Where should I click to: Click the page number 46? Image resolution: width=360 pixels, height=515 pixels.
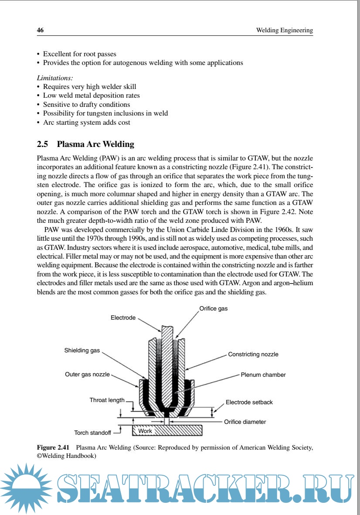coord(40,31)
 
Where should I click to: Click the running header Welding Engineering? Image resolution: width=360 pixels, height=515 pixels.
coord(284,31)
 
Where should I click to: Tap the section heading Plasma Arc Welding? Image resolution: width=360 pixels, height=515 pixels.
coord(95,144)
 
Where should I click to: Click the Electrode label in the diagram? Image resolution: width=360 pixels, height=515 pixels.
coord(123,318)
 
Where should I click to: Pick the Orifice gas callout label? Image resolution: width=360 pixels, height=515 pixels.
coord(214,308)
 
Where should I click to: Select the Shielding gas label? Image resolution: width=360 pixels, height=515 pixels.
coord(82,350)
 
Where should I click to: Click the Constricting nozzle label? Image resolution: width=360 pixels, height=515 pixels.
coord(253,354)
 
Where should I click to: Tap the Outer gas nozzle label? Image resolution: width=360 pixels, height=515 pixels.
coord(87,374)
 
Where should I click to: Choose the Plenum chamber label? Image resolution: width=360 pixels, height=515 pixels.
coord(263,375)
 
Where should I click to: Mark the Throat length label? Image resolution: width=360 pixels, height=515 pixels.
coord(107,400)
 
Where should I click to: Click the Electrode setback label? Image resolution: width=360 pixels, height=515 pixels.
coord(249,402)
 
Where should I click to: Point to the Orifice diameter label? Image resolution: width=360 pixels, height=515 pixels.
coord(245,422)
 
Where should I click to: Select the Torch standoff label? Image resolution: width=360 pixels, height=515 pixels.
coord(92,433)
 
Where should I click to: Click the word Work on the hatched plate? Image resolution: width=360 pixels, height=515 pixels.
coord(145,431)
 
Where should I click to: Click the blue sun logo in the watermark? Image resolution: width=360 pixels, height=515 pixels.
coord(24,488)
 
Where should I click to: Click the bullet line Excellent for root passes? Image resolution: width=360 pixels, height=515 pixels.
coord(79,54)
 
